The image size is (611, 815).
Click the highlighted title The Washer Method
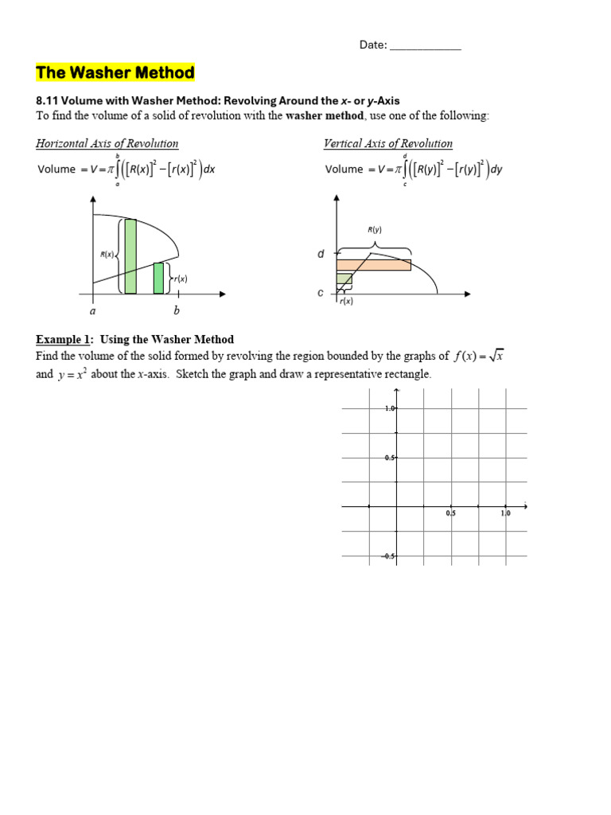tap(115, 73)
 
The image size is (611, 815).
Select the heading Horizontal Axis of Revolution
tap(107, 143)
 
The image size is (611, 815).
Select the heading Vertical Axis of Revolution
tap(387, 143)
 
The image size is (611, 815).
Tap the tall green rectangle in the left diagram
tap(130, 255)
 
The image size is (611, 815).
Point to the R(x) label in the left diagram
tap(107, 255)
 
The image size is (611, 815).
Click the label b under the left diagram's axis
tap(177, 310)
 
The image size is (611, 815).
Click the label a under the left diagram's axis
tap(92, 310)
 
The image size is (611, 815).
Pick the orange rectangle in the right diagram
tap(373, 265)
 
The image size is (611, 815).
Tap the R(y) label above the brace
tap(375, 230)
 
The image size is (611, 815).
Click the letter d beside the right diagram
tap(321, 255)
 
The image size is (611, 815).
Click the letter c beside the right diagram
tap(321, 293)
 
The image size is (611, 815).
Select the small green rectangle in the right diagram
tap(344, 279)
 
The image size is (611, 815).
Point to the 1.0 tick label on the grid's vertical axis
tap(390, 408)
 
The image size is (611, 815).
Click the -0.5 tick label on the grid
tap(388, 556)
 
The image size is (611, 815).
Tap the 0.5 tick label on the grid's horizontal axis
tap(451, 514)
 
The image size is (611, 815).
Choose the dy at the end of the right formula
tap(498, 170)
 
